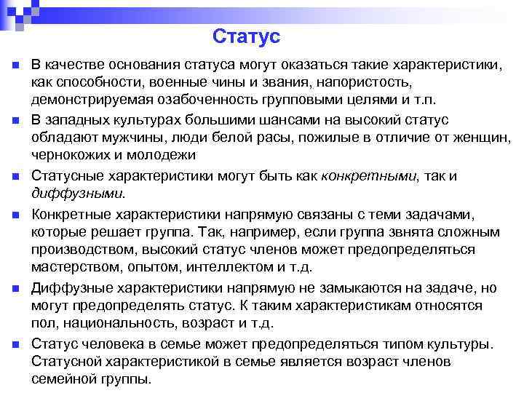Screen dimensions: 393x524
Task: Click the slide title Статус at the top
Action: [247, 36]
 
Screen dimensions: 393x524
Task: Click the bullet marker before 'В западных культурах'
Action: [15, 119]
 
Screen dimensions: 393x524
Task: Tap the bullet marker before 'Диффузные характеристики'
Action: [15, 289]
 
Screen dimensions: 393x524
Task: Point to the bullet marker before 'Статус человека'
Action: [15, 344]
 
